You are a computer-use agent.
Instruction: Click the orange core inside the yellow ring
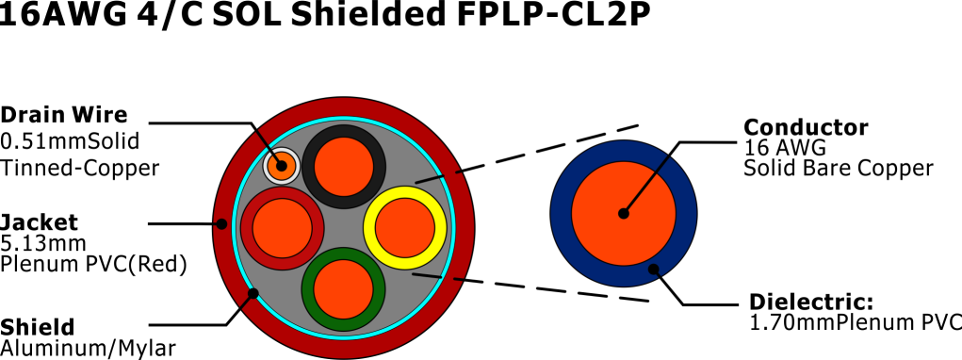pos(405,228)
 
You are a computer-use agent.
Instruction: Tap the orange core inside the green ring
pos(344,289)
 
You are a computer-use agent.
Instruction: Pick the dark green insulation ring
pos(344,324)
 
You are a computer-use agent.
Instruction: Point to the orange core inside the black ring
pos(344,167)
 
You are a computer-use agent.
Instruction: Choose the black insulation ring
pos(344,131)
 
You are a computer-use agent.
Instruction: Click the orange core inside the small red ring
pos(282,228)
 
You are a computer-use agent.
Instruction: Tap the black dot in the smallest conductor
pos(282,166)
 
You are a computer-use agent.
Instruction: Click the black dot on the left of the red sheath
pos(221,224)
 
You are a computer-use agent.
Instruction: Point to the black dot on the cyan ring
pos(253,294)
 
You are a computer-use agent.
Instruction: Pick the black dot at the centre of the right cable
pos(624,214)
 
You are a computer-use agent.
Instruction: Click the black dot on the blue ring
pos(654,270)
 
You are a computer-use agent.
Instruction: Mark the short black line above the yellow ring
pos(430,179)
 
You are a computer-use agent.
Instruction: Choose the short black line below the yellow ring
pos(427,276)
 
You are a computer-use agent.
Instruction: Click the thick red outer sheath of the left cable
pos(344,107)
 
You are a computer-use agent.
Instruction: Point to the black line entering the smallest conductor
pos(268,146)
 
